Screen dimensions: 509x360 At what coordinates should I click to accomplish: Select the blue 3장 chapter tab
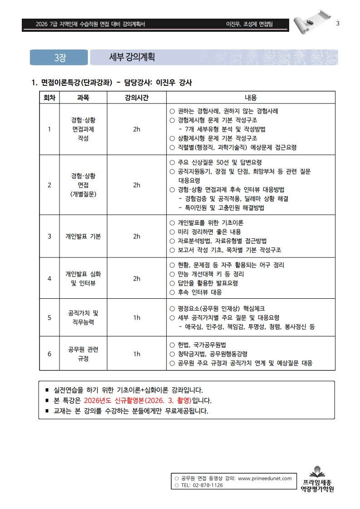click(x=59, y=58)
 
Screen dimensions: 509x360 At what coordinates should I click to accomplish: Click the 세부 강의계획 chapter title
click(x=132, y=57)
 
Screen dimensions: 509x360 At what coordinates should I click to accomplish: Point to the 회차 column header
click(x=49, y=98)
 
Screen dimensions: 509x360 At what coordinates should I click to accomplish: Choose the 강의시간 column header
click(x=137, y=98)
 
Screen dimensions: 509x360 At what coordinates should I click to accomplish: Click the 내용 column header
click(x=251, y=98)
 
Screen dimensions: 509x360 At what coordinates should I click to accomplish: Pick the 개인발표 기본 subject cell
click(x=83, y=237)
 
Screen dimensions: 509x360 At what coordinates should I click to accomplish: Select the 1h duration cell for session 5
click(x=137, y=317)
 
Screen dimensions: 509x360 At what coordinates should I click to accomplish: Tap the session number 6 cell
click(x=49, y=354)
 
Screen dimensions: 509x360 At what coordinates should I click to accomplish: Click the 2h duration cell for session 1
click(x=137, y=129)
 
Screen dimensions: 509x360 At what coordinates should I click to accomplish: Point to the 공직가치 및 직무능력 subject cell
click(x=83, y=317)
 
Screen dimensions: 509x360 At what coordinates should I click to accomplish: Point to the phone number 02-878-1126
click(x=208, y=485)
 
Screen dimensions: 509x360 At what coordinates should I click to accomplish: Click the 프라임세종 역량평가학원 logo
click(x=317, y=480)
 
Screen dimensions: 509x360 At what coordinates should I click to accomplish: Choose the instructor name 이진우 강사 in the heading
click(x=174, y=83)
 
